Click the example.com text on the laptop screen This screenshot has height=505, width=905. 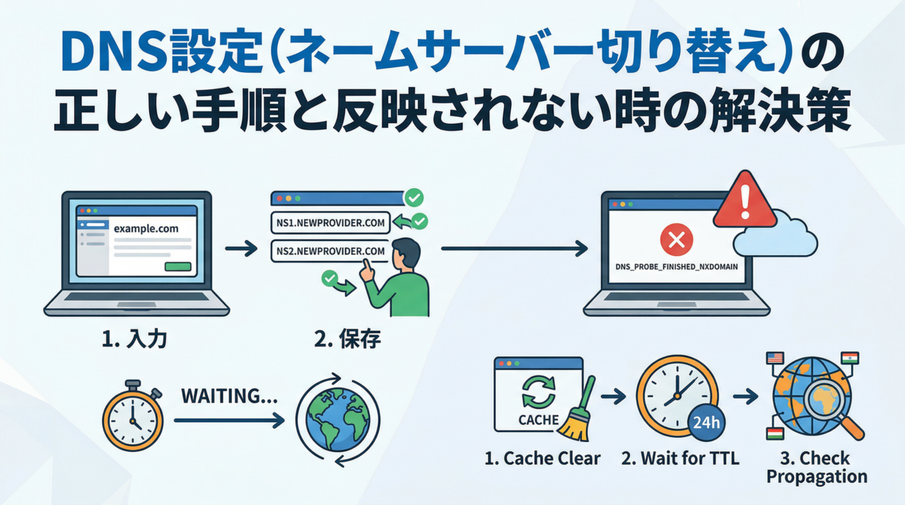pyautogui.click(x=146, y=229)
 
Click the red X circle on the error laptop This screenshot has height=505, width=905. pyautogui.click(x=676, y=240)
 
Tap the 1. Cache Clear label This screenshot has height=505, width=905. pyautogui.click(x=542, y=458)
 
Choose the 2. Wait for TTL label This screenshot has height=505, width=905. pyautogui.click(x=679, y=458)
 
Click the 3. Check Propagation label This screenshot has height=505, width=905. pyautogui.click(x=817, y=468)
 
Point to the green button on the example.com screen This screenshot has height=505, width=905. pyautogui.click(x=177, y=267)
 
